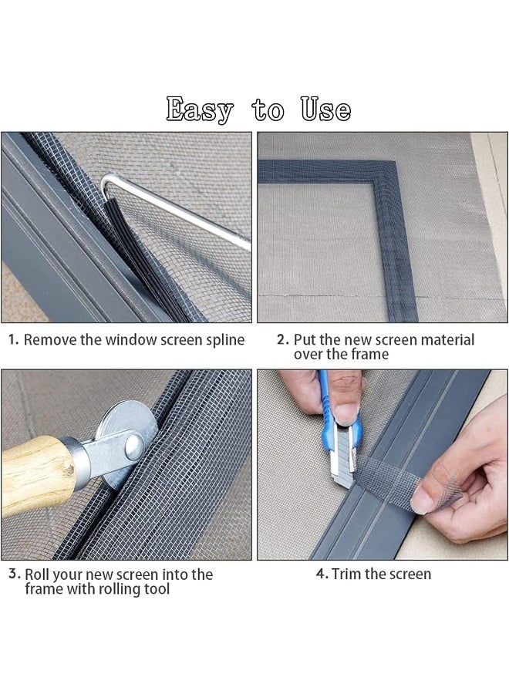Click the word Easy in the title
(199, 109)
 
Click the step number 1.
(13, 339)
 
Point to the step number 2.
(282, 339)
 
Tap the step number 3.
(13, 574)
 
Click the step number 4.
(322, 574)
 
